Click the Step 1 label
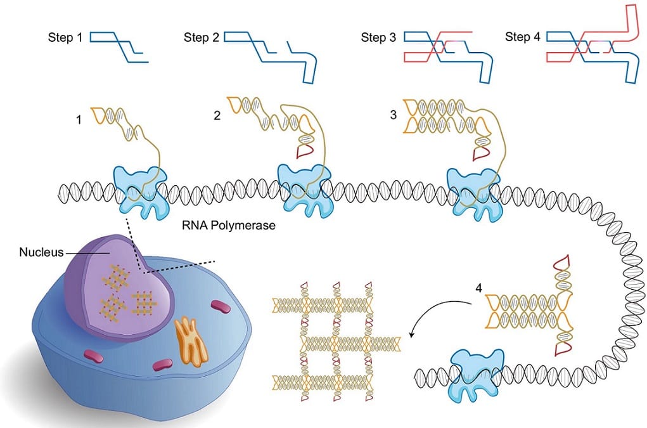click(x=65, y=37)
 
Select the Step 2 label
click(x=202, y=37)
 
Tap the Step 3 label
click(x=378, y=37)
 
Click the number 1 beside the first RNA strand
click(x=79, y=119)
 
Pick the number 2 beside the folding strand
click(x=217, y=116)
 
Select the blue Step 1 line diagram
click(x=119, y=47)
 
